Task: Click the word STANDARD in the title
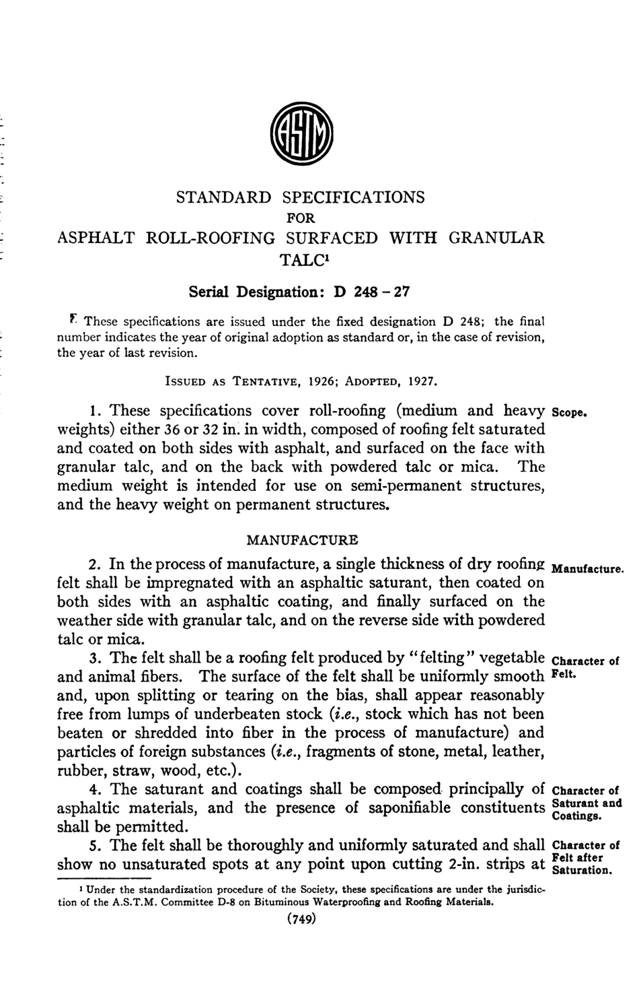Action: coord(223,197)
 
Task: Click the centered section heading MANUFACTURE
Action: coord(302,539)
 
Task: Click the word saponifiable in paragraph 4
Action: coord(410,807)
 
